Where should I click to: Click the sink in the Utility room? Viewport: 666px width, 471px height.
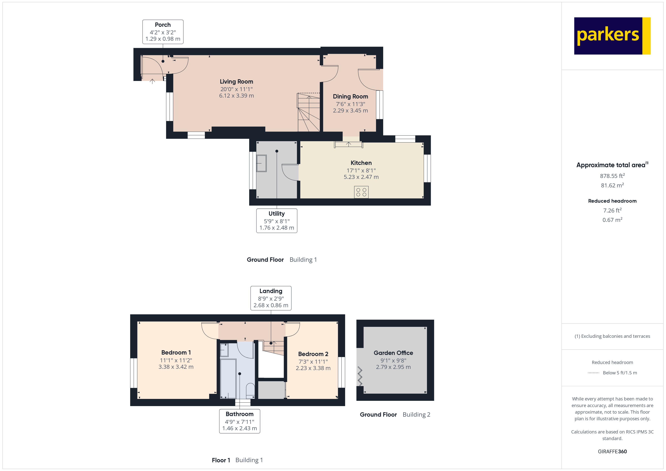pyautogui.click(x=261, y=163)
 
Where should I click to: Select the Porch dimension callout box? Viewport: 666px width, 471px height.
pyautogui.click(x=163, y=32)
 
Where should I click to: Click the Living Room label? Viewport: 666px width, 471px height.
pyautogui.click(x=236, y=82)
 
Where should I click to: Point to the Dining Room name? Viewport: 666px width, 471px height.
pyautogui.click(x=350, y=96)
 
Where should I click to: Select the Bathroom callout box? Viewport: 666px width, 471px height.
pyautogui.click(x=239, y=421)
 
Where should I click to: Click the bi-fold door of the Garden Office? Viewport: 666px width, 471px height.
pyautogui.click(x=360, y=376)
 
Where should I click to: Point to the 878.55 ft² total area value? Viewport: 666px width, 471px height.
pyautogui.click(x=612, y=176)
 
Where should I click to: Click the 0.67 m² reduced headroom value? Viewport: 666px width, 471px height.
pyautogui.click(x=612, y=220)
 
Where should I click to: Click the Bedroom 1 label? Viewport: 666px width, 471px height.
pyautogui.click(x=176, y=352)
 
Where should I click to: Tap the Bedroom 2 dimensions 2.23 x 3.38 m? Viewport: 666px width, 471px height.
pyautogui.click(x=313, y=368)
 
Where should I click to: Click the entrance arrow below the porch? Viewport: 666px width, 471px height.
pyautogui.click(x=152, y=82)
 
